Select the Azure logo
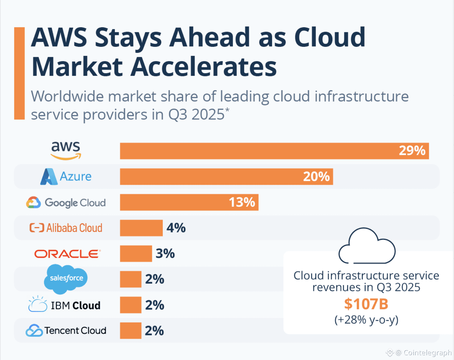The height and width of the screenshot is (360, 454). click(x=66, y=176)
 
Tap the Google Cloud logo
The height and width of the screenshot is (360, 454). click(x=66, y=202)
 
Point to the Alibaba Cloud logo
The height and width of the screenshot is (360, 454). click(x=66, y=228)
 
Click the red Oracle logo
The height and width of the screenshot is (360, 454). click(x=67, y=254)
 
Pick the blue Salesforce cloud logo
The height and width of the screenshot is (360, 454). click(x=66, y=278)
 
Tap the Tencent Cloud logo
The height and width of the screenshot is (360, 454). click(x=66, y=330)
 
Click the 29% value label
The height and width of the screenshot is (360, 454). click(x=412, y=151)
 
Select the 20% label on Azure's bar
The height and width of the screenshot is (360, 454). click(x=316, y=176)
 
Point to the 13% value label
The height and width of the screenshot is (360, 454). click(x=242, y=202)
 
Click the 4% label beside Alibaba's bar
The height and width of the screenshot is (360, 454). click(x=176, y=228)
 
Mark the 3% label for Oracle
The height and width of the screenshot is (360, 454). click(x=165, y=254)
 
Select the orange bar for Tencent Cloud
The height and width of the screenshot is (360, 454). click(x=130, y=330)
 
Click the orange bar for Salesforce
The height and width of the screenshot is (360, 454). click(x=130, y=279)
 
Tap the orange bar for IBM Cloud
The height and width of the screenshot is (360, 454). click(x=130, y=305)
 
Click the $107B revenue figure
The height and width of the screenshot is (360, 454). click(x=366, y=304)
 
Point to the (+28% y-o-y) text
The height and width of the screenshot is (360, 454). click(x=366, y=320)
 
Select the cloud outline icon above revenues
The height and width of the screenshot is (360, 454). click(x=367, y=247)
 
